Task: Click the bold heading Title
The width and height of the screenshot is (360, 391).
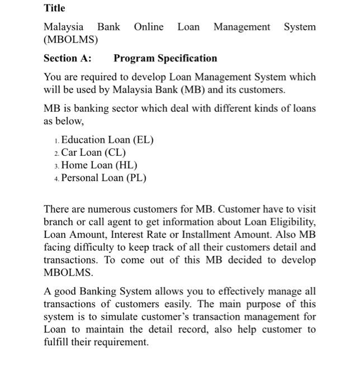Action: click(x=54, y=8)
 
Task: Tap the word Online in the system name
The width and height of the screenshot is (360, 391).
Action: click(x=149, y=27)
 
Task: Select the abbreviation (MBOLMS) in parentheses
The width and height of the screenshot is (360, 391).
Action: click(x=70, y=40)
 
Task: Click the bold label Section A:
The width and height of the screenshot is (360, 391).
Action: click(x=68, y=58)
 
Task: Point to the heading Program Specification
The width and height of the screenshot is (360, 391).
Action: click(x=165, y=58)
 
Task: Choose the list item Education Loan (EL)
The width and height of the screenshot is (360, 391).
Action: click(x=107, y=140)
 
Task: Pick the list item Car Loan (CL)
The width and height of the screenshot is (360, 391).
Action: click(x=93, y=152)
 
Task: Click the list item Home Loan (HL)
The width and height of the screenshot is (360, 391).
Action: click(x=99, y=165)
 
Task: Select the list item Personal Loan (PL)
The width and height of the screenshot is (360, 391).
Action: click(x=103, y=178)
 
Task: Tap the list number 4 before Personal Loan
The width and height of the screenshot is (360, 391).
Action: click(x=56, y=179)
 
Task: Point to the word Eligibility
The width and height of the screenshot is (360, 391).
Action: click(x=292, y=222)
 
